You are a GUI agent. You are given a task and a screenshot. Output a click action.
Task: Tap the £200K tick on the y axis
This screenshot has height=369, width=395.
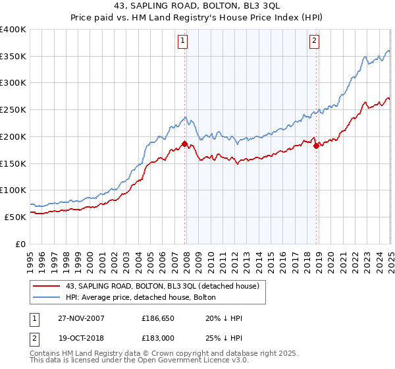click(13, 136)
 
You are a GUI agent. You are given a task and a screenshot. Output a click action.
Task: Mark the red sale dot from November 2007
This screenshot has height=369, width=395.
click(185, 144)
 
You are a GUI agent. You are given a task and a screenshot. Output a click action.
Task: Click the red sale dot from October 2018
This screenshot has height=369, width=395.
click(316, 146)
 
